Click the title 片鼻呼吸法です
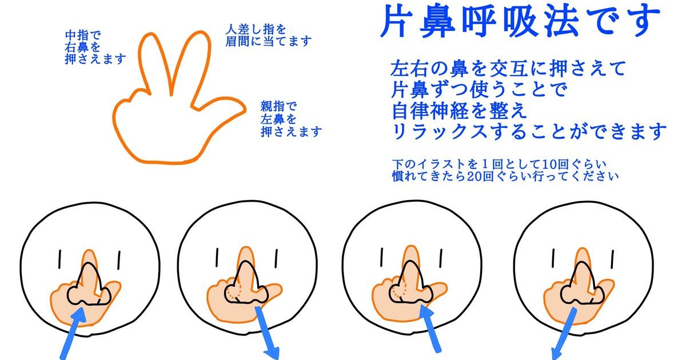coord(520,21)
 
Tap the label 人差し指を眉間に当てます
coord(268,36)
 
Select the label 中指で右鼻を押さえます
coord(95,47)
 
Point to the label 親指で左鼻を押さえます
coord(291,119)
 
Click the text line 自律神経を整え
coord(459,110)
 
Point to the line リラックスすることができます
coord(529,131)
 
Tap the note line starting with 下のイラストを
coord(499,164)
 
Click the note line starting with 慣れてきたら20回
coord(505,177)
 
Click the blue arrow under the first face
coord(73,333)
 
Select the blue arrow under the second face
coord(267,333)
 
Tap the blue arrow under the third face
coord(430,330)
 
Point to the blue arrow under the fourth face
coord(564,334)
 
